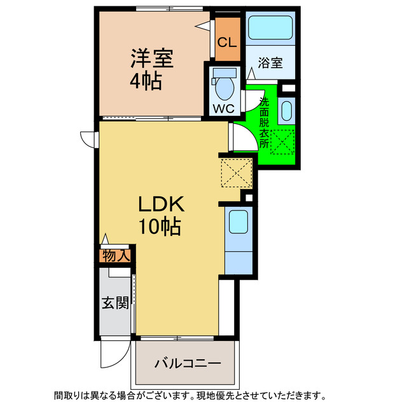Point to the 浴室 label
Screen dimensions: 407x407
click(270, 62)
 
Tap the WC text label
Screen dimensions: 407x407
click(223, 107)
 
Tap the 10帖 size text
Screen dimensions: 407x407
click(158, 226)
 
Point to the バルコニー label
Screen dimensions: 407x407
click(188, 364)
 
